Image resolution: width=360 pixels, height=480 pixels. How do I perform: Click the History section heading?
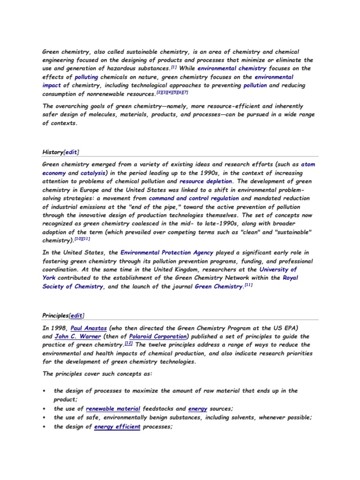[x=52, y=152]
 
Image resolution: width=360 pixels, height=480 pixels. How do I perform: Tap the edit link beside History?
[x=71, y=152]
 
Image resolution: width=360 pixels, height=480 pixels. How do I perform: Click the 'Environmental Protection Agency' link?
[x=167, y=253]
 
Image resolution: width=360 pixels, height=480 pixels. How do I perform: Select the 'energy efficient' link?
[x=117, y=427]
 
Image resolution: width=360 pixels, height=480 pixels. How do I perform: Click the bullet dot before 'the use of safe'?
[x=44, y=418]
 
